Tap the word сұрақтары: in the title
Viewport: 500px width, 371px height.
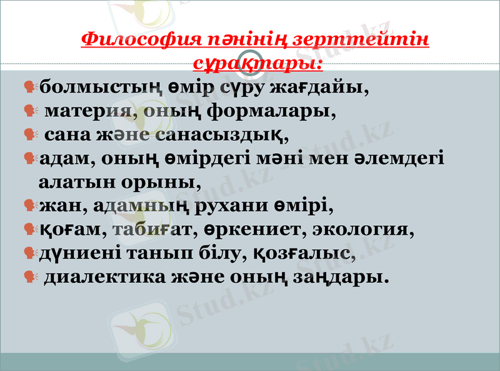[257, 63]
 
